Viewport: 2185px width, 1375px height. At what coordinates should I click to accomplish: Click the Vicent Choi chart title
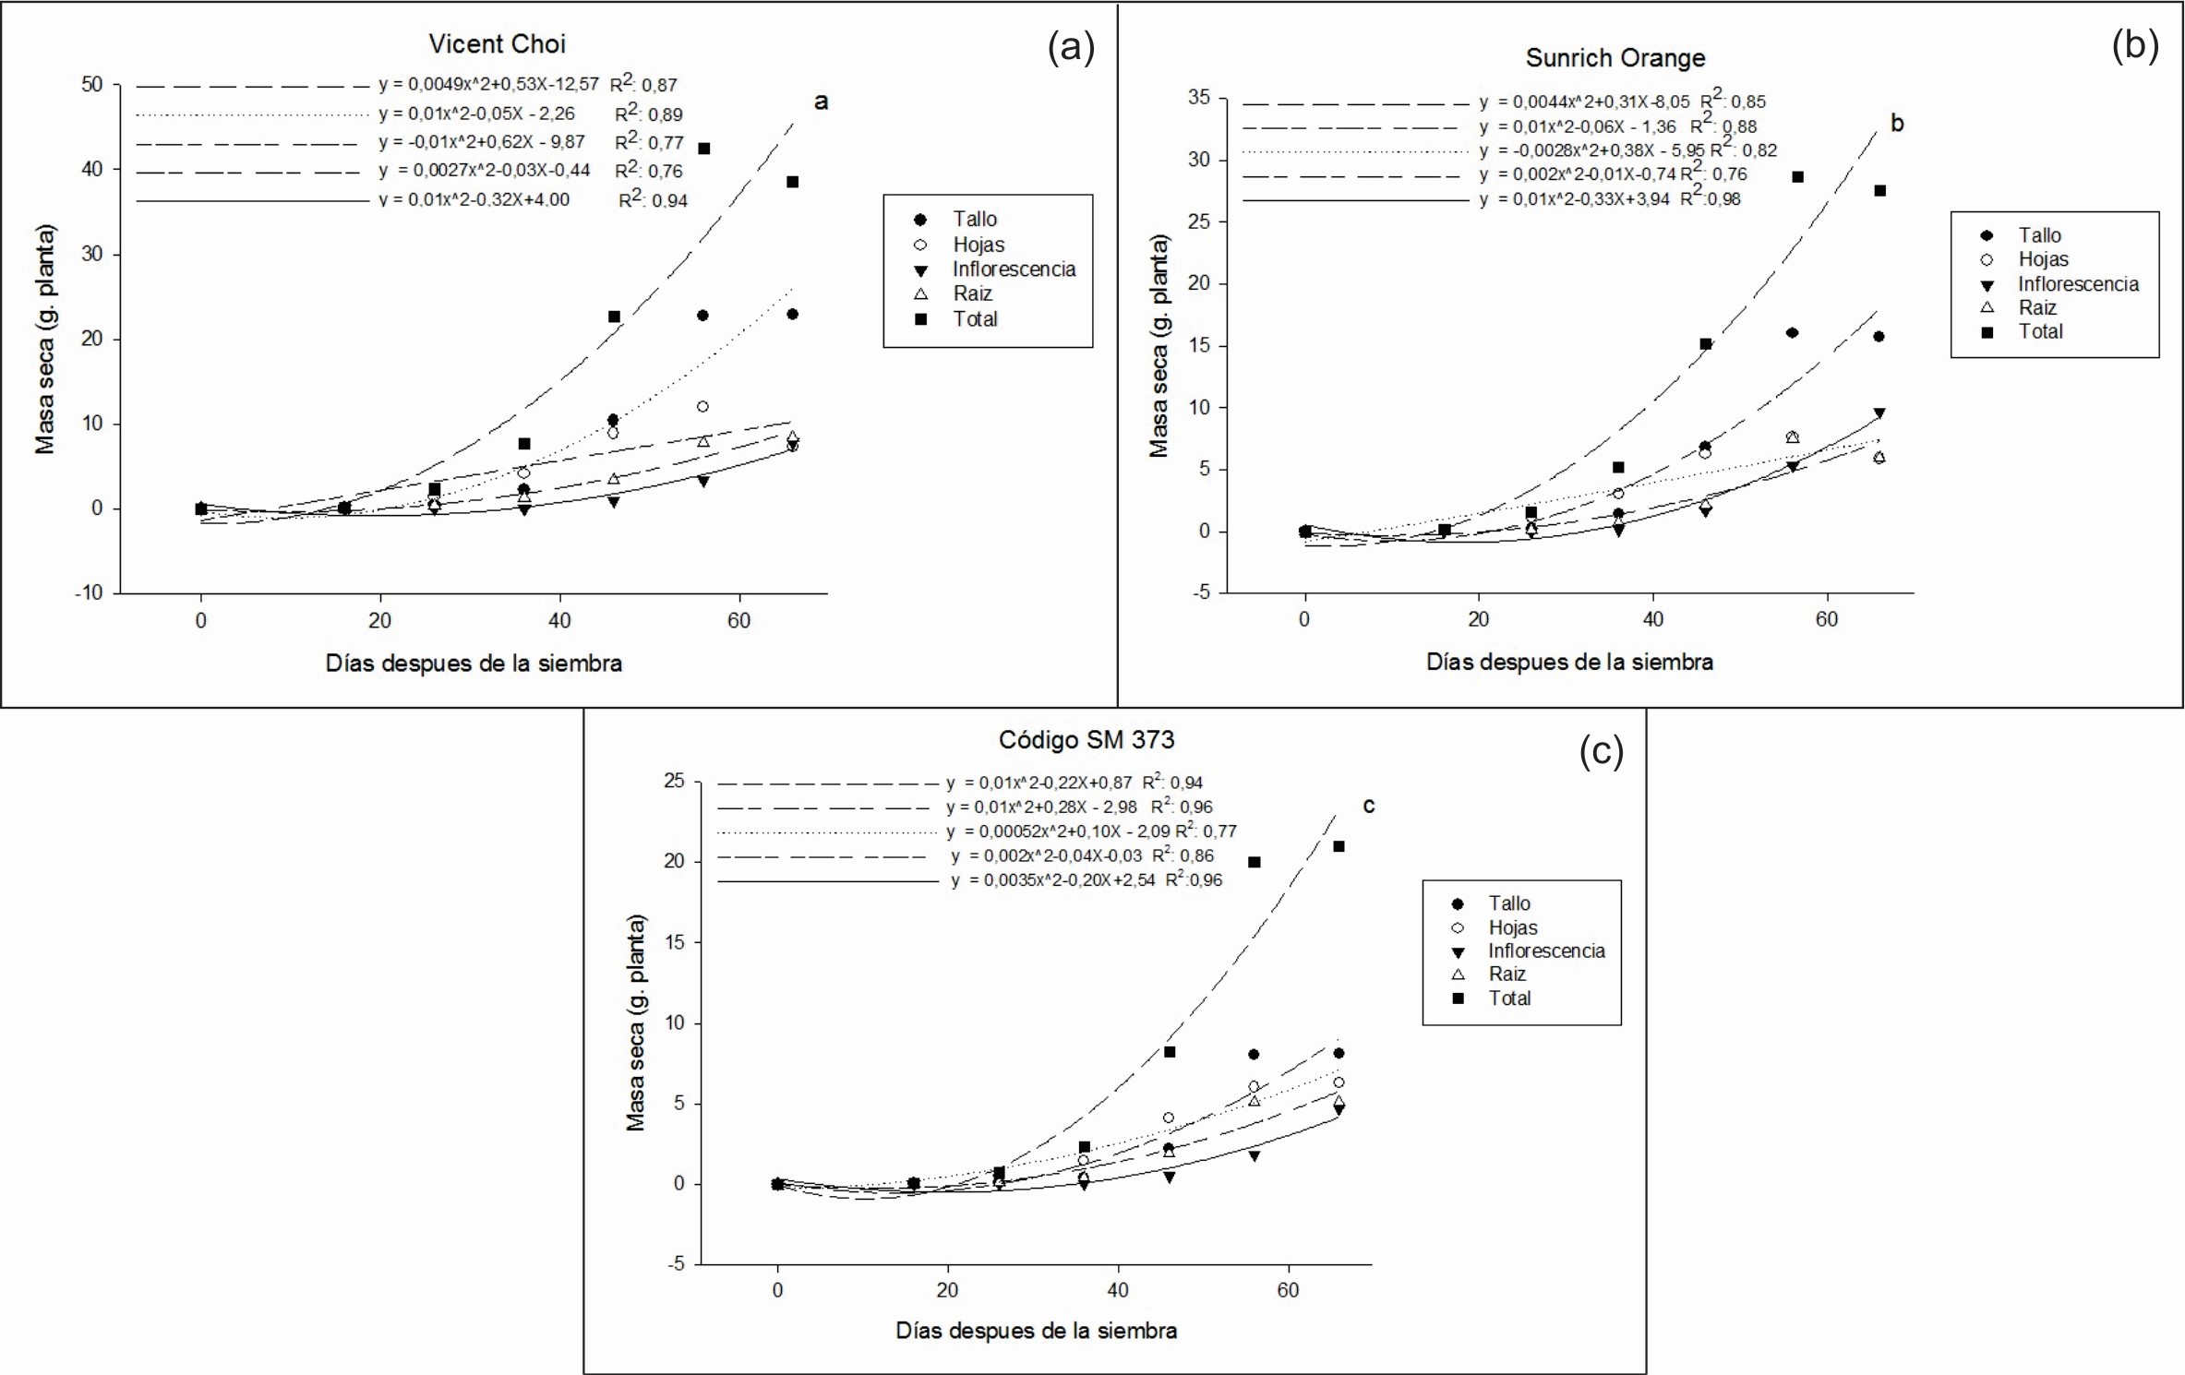[497, 44]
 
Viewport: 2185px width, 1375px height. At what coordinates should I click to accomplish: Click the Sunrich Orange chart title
[1615, 58]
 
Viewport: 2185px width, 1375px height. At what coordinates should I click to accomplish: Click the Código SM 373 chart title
[1086, 739]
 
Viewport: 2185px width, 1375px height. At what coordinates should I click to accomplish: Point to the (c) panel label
[1601, 752]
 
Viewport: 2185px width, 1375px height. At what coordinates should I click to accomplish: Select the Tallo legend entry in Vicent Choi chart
[974, 220]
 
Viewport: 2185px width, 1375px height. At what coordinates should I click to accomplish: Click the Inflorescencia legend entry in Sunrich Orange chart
[2077, 284]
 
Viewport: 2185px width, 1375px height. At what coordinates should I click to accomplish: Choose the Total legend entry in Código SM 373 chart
[1508, 998]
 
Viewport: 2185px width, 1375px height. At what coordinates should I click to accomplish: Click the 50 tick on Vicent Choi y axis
[92, 85]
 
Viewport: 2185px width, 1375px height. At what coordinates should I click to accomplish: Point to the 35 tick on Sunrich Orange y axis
[1198, 98]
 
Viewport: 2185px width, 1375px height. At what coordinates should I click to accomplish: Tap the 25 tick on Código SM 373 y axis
[674, 782]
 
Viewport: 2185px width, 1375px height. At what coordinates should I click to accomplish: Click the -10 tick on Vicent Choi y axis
[89, 593]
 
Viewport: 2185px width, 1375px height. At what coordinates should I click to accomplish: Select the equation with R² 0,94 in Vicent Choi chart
[533, 200]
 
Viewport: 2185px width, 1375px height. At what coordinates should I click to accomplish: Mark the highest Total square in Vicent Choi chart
[704, 149]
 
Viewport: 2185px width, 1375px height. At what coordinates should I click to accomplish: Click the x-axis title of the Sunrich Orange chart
[1568, 662]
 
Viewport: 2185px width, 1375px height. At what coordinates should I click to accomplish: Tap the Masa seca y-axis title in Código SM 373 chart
[636, 1022]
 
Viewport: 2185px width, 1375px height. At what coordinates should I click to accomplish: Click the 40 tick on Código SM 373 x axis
[1117, 1290]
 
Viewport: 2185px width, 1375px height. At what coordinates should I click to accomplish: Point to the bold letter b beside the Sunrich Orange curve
[1897, 124]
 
